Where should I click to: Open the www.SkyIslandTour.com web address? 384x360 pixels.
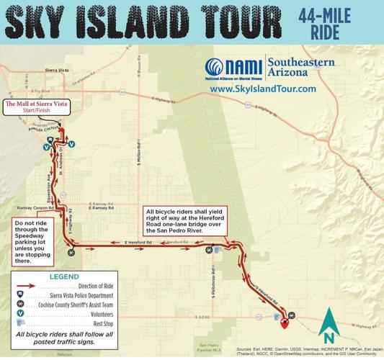point(262,89)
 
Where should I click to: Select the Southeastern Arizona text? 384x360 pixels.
point(300,68)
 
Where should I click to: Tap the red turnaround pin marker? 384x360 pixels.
point(285,321)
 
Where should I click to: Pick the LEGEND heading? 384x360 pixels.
point(63,276)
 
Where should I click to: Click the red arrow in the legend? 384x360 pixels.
point(27,286)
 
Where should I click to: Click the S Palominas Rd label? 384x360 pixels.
point(214,282)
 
